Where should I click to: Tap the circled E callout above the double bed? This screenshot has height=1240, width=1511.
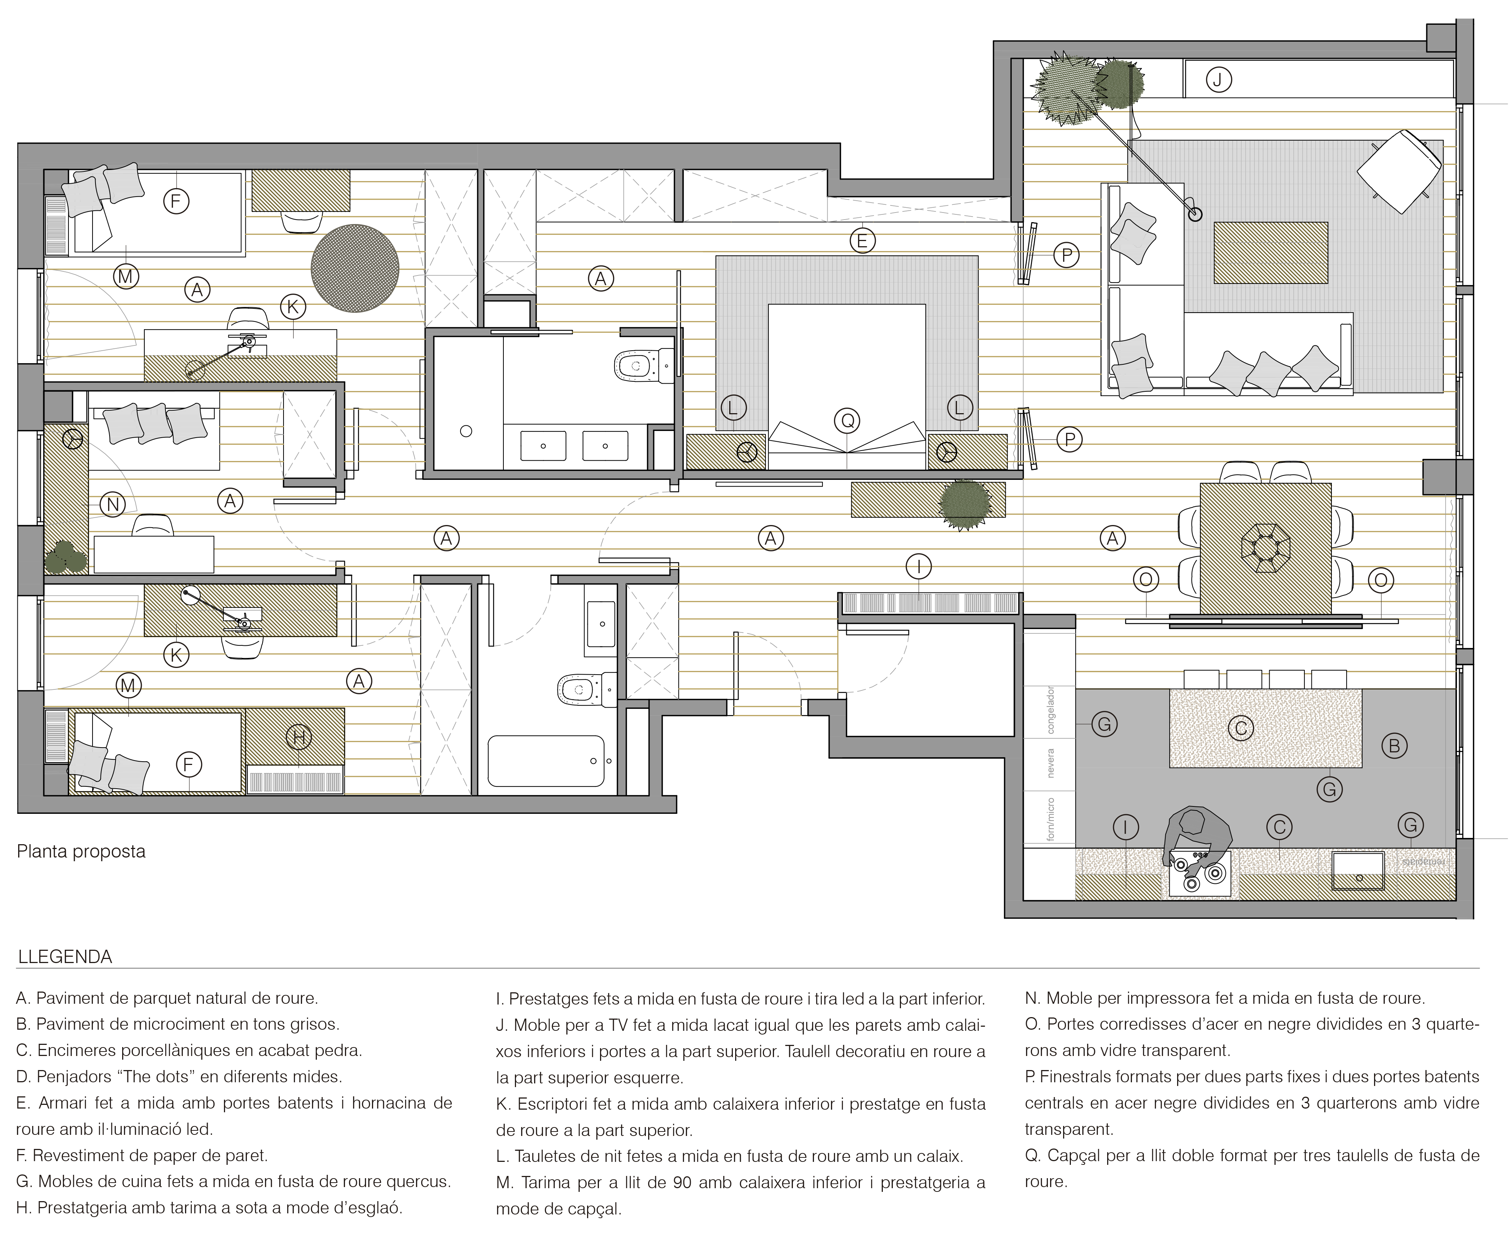pos(862,241)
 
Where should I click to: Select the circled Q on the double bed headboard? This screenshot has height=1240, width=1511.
pos(848,421)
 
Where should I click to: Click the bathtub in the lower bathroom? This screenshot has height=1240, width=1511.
pos(546,761)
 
